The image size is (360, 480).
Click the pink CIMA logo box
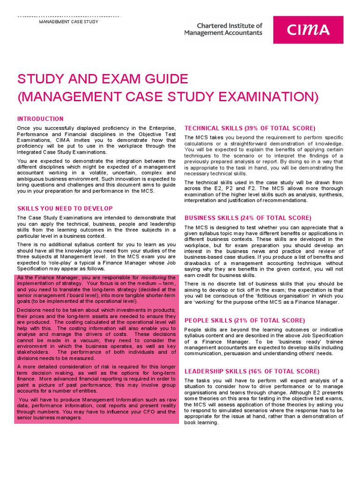tap(308, 30)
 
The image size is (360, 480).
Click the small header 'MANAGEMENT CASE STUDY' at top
tap(68, 22)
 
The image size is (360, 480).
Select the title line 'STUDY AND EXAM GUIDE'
tap(102, 79)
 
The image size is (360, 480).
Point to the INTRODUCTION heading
tap(40, 119)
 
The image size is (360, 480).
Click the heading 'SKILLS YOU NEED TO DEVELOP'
tap(65, 208)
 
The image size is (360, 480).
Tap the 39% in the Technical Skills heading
tap(251, 128)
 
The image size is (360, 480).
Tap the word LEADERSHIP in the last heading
tap(207, 371)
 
